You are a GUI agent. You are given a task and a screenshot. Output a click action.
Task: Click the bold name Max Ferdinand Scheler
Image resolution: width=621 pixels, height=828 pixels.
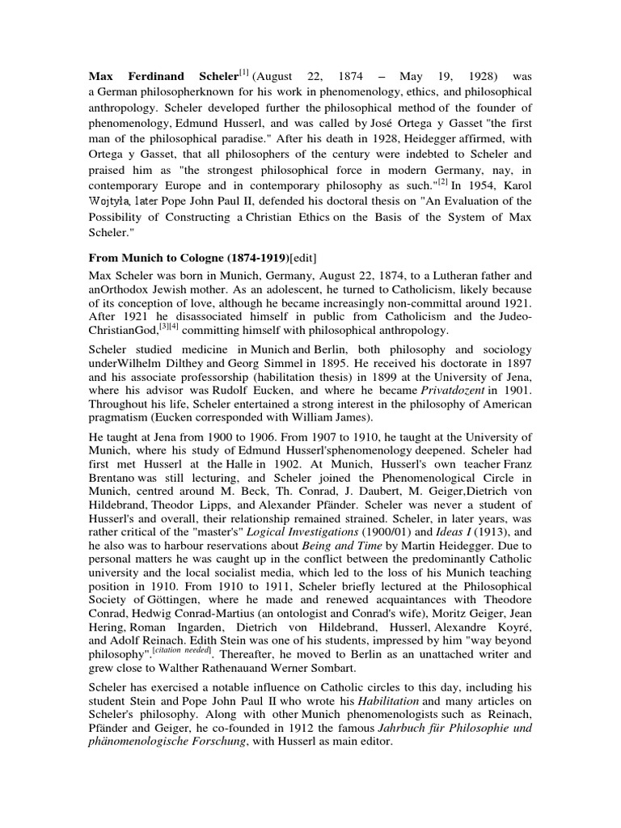[163, 76]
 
